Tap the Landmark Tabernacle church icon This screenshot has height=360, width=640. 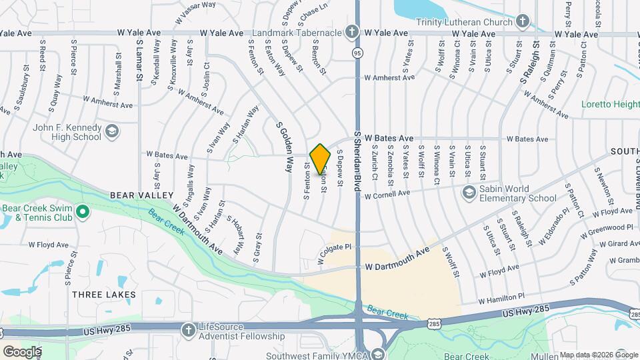tap(351, 31)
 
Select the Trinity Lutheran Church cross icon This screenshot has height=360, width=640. tap(523, 21)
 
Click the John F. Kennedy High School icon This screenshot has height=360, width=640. tap(112, 131)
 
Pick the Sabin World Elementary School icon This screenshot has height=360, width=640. tap(469, 192)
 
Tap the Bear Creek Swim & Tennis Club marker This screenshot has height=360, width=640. tap(83, 213)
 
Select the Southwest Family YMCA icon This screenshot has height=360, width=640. tap(379, 354)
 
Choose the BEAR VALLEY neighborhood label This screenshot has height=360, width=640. tap(141, 195)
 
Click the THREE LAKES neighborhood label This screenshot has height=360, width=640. tap(103, 294)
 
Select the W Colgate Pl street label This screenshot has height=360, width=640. tap(335, 254)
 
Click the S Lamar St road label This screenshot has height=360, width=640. tap(139, 60)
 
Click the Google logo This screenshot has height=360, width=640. tap(21, 351)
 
